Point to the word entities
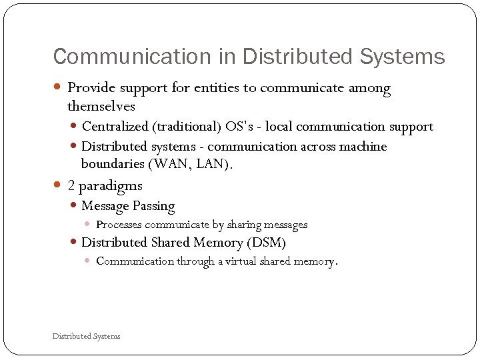coord(217,88)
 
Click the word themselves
coord(101,107)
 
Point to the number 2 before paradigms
coord(71,185)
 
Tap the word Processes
coord(119,225)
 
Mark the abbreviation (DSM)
coord(265,243)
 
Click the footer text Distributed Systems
coord(86,336)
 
